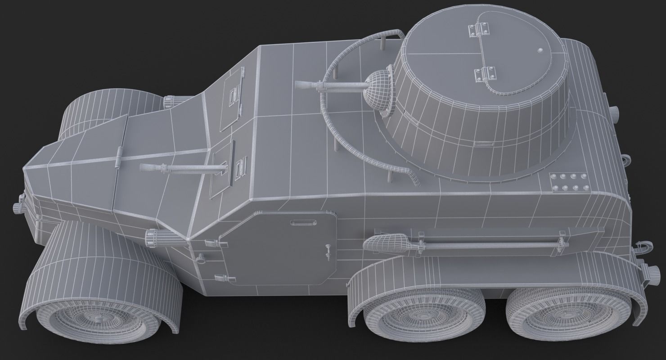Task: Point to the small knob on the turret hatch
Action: click(x=540, y=49)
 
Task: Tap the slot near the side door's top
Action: click(x=297, y=222)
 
